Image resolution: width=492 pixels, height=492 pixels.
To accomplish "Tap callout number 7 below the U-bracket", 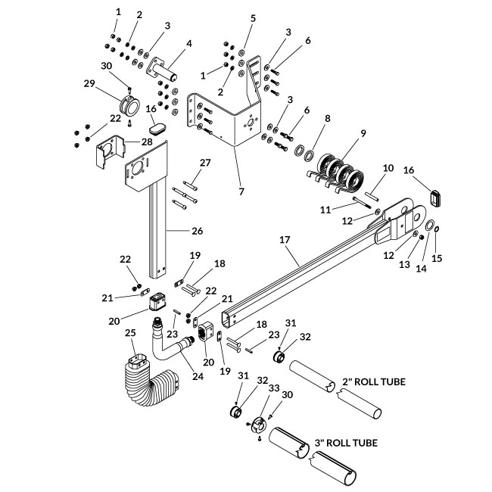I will pyautogui.click(x=241, y=192).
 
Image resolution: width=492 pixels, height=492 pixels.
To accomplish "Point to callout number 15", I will pyautogui.click(x=436, y=258).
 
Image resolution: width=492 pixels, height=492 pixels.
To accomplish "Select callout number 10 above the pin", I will pyautogui.click(x=388, y=167).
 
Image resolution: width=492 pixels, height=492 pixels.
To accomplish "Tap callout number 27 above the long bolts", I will pyautogui.click(x=204, y=163).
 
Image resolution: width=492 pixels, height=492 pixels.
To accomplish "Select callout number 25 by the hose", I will pyautogui.click(x=130, y=333).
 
